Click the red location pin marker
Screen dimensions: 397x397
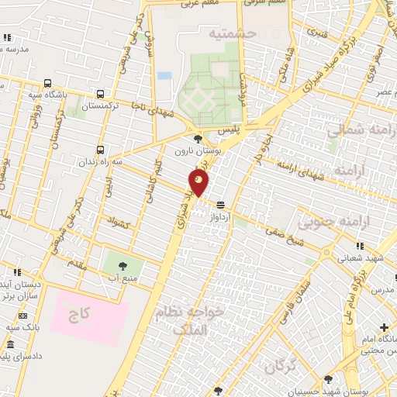[x=198, y=183]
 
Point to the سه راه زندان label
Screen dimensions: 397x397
[x=102, y=163]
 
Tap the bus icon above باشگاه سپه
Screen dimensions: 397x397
[x=49, y=83]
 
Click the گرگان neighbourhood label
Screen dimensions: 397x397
[x=280, y=366]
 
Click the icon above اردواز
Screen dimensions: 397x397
[x=223, y=205]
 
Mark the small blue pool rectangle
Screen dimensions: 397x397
[x=164, y=76]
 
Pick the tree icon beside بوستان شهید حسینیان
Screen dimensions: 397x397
[x=329, y=379]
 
